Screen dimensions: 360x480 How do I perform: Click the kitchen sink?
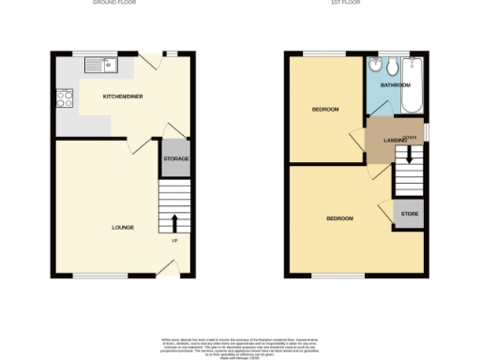point(98,65)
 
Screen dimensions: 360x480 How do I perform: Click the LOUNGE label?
point(123,227)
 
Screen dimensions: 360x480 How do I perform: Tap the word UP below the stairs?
point(174,241)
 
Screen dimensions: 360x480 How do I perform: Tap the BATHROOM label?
point(395,85)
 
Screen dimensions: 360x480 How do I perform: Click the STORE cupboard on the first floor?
point(409,215)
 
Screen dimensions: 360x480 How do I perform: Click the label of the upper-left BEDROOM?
point(325,110)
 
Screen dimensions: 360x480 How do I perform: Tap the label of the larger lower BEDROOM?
point(339,218)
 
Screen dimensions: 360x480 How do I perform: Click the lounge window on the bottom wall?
point(91,276)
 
